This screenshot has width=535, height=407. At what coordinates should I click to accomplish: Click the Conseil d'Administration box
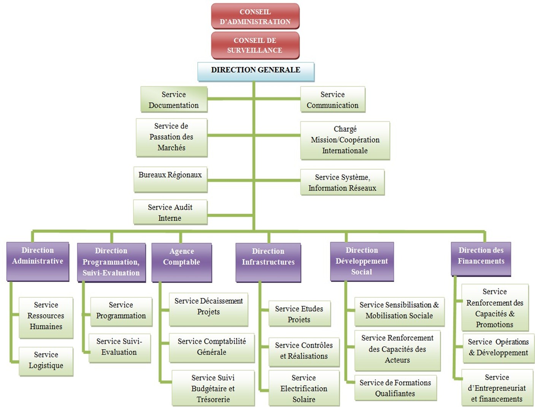pos(255,16)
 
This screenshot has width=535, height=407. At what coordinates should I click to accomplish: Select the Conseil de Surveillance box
pos(255,45)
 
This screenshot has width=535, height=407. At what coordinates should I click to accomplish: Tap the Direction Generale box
pos(256,71)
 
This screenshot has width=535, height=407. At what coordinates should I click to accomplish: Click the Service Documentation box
pos(174,100)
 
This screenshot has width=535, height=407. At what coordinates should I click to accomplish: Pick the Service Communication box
pos(332,100)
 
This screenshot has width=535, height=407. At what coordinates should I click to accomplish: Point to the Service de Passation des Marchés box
pos(171,137)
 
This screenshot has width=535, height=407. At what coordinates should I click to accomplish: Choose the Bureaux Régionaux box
pos(170,179)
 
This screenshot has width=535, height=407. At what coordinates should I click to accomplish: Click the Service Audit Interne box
pos(170,212)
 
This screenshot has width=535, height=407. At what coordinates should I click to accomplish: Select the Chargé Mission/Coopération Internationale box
pos(345,140)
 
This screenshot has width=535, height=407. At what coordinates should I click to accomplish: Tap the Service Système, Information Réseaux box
pos(342,182)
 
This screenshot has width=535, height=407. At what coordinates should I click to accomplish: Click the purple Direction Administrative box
pos(38,261)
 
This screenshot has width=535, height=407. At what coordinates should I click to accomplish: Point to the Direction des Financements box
pos(481,259)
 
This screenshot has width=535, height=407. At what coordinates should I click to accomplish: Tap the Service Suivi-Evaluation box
pos(119,347)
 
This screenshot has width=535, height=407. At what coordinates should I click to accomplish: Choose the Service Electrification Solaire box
pos(304,388)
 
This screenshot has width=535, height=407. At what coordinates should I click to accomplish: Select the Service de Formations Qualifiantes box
pos(395,388)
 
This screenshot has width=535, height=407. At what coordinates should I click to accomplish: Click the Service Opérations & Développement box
pos(498,347)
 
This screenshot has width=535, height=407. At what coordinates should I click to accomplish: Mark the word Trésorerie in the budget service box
pos(213,399)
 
